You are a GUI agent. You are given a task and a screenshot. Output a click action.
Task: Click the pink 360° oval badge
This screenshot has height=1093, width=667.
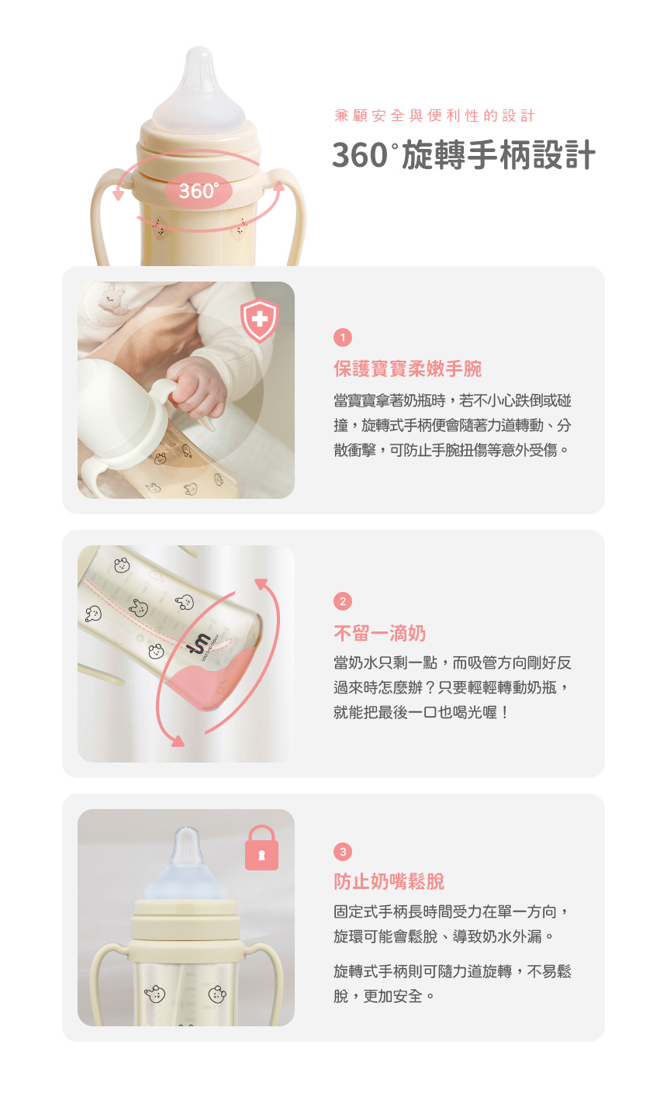(x=198, y=191)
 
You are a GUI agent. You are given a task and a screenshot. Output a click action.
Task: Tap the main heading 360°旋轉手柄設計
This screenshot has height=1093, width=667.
(x=464, y=155)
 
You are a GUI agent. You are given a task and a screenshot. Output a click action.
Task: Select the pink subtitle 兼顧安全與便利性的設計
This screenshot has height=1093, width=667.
(x=435, y=116)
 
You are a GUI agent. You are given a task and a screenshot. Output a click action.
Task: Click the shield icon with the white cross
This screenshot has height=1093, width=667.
(x=260, y=320)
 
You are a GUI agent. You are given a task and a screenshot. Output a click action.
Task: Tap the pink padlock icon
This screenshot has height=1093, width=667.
(x=261, y=848)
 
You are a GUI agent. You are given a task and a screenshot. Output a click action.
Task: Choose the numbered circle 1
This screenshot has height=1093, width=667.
(x=343, y=337)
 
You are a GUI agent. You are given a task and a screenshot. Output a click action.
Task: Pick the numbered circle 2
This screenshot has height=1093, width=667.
(x=343, y=601)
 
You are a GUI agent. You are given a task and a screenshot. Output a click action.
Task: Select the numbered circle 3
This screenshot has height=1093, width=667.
(x=343, y=852)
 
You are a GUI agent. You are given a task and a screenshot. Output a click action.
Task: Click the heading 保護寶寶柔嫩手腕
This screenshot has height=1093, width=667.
(x=408, y=369)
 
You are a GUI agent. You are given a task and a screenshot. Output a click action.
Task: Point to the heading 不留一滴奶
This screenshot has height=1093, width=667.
(x=379, y=633)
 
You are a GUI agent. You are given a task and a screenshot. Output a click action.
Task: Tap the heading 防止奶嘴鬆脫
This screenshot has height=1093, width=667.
(x=389, y=882)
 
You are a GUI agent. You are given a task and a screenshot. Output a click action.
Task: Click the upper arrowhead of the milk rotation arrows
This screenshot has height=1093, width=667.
(x=261, y=583)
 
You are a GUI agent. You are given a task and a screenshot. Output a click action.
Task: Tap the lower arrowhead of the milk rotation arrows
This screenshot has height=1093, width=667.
(x=178, y=741)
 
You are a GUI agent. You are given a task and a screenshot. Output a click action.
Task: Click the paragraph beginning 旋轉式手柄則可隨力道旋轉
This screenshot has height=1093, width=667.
(x=452, y=984)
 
